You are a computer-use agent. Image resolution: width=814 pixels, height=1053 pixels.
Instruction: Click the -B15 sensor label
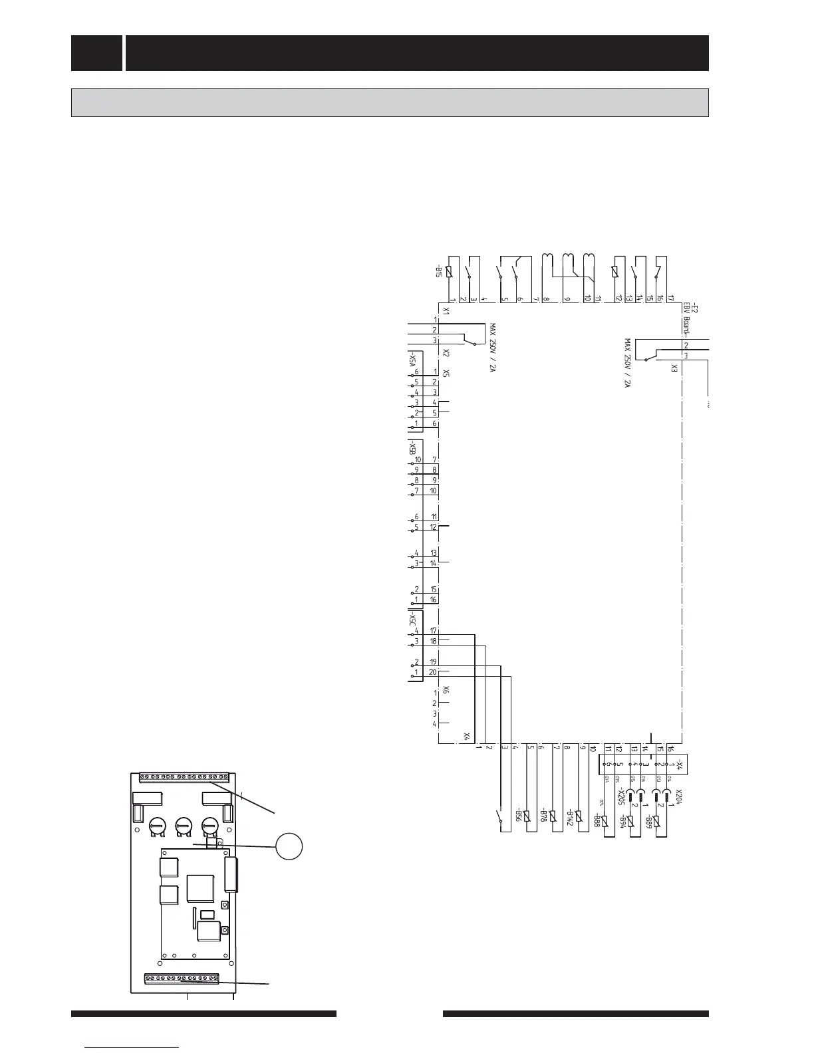point(440,272)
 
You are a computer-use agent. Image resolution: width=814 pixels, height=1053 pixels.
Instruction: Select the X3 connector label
point(674,368)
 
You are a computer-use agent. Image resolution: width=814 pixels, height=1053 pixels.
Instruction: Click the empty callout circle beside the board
point(289,846)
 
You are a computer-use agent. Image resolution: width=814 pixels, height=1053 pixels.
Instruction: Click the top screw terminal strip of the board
point(184,776)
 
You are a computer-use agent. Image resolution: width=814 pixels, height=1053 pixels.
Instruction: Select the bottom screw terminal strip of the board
point(182,979)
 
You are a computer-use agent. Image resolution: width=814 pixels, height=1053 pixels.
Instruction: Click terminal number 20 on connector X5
point(433,672)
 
